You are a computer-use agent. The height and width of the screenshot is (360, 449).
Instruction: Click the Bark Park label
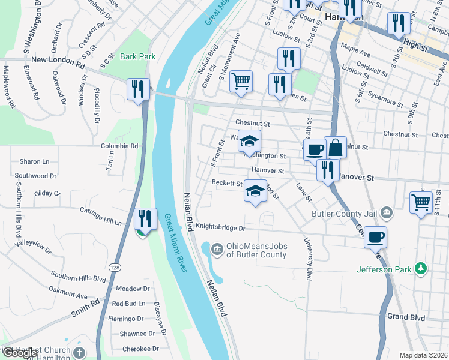pyautogui.click(x=137, y=56)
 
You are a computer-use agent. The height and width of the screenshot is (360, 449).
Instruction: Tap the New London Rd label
pyautogui.click(x=58, y=60)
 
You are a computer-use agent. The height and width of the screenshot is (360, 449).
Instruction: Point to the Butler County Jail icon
pyautogui.click(x=387, y=212)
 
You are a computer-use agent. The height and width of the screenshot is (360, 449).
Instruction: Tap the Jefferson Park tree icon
pyautogui.click(x=422, y=268)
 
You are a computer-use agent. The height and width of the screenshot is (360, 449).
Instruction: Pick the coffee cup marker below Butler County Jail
pyautogui.click(x=376, y=237)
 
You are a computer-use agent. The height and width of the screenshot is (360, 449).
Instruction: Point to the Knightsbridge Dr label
pyautogui.click(x=221, y=228)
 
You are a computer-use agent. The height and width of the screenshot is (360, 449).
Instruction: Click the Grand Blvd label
pyautogui.click(x=406, y=316)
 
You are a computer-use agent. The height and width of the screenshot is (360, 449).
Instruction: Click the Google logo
pyautogui.click(x=21, y=352)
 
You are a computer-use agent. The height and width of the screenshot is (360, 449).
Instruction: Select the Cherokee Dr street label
pyautogui.click(x=139, y=348)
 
